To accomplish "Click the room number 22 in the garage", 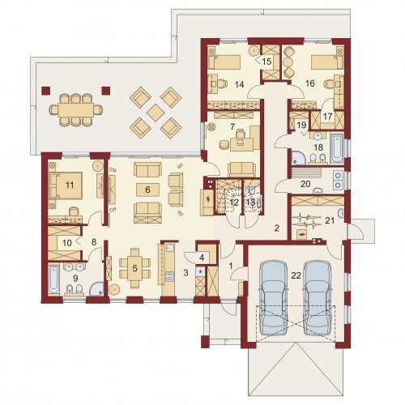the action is coord(296,275).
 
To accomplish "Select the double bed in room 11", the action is coord(66,185).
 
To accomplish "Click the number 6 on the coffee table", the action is coord(147,190).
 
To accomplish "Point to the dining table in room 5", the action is coord(134,268).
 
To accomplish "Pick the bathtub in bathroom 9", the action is coord(53,279).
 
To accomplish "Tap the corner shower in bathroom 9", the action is coord(96,288).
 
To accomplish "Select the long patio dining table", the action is coord(76,110).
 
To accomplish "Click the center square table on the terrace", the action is coord(156,113).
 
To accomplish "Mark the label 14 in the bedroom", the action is coord(239,84).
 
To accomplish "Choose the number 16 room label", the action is coord(310,83).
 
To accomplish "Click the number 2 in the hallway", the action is coord(277,228).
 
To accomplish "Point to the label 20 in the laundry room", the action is coord(305,184).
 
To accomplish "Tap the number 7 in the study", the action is coord(232,126).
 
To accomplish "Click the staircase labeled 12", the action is coord(229,197).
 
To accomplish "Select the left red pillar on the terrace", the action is coord(46,91).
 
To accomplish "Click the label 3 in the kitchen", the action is coord(185,272).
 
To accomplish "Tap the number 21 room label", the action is coord(330,220).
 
